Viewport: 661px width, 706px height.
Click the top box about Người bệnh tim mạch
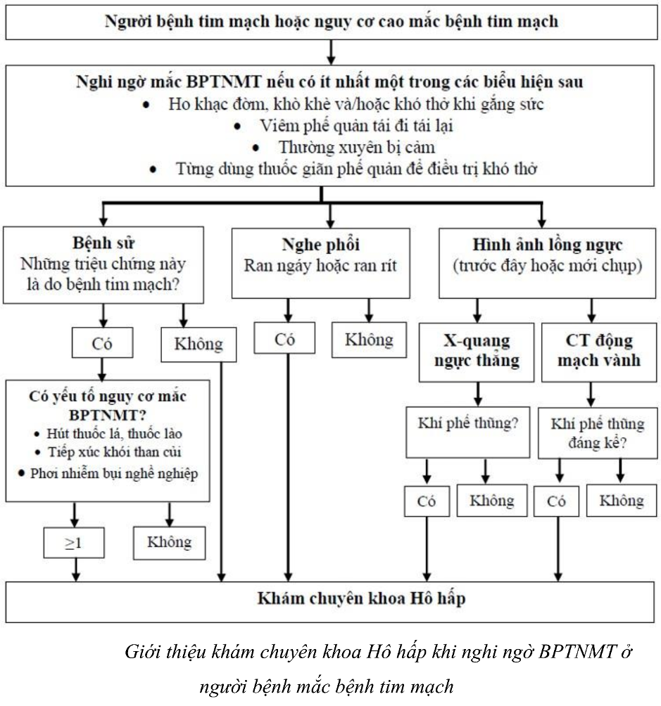tap(331, 21)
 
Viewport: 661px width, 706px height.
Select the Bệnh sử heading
tap(103, 244)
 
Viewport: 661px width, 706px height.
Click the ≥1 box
tap(74, 543)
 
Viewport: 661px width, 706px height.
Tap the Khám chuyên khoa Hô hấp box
tap(331, 600)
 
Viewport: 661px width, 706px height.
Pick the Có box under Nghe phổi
tap(285, 340)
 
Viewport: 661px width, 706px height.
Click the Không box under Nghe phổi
tap(369, 340)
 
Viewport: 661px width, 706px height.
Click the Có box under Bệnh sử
tap(102, 344)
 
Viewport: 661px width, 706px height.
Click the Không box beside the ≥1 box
tap(170, 542)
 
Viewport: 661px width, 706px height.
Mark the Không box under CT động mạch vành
tap(622, 500)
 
